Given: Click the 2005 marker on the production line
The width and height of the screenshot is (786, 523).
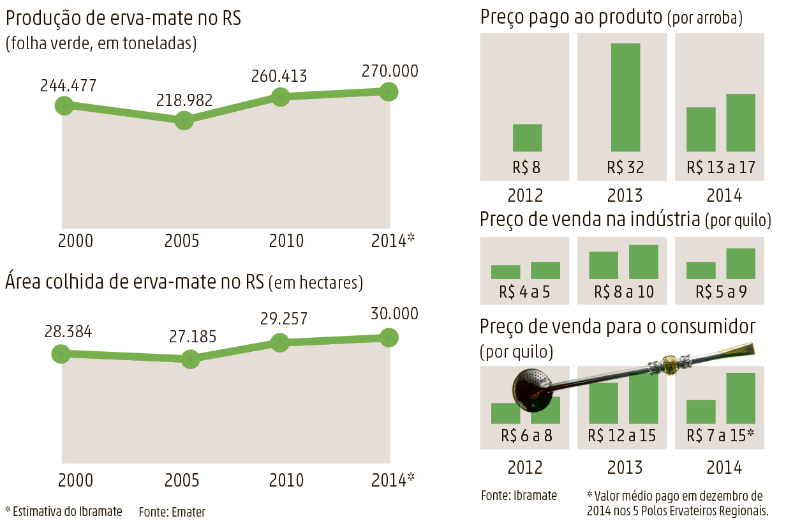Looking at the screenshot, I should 184,119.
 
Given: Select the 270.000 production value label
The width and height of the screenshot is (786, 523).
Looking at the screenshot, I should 390,70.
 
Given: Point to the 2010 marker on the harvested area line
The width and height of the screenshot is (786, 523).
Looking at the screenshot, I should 279,342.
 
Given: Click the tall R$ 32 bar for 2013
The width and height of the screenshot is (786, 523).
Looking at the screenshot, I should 625,97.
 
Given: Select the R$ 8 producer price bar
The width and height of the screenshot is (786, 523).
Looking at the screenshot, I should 527,137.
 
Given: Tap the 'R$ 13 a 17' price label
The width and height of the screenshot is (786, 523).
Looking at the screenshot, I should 721,167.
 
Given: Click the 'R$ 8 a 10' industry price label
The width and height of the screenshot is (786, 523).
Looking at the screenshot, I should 623,292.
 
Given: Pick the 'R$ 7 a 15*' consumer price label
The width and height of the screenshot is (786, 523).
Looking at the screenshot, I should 720,436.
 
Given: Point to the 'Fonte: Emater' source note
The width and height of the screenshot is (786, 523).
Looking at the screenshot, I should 172,512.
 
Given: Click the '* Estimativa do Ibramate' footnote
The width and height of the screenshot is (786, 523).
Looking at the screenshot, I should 63,511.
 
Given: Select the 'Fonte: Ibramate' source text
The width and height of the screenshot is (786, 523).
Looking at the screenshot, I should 519,496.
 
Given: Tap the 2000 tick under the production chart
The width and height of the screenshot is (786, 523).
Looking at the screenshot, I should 75,241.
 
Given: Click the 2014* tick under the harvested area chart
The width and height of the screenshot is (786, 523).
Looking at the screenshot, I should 393,479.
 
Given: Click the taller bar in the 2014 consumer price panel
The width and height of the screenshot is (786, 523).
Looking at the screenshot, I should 740,398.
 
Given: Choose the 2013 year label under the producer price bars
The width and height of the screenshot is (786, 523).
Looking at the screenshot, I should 625,195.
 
